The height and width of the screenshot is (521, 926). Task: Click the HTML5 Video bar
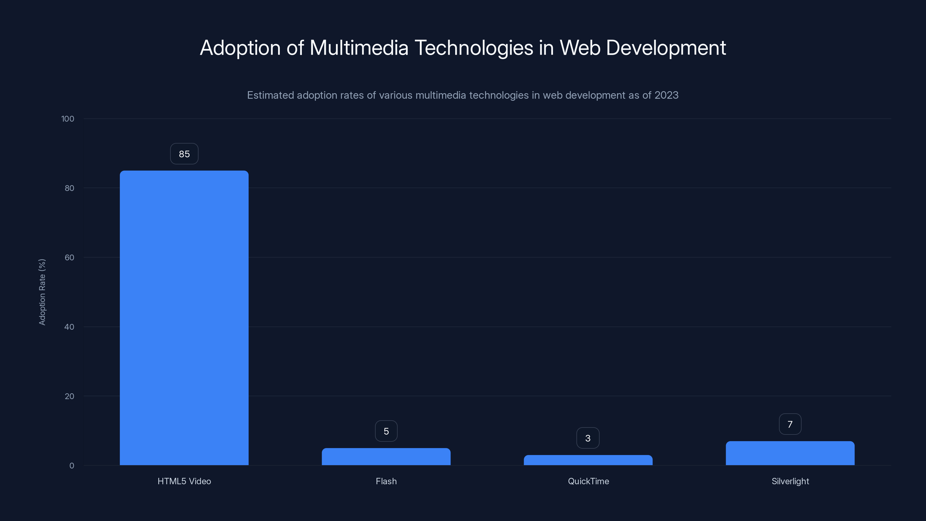tap(184, 318)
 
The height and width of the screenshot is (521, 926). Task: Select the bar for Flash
tap(386, 457)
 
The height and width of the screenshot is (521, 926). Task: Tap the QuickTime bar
tap(588, 460)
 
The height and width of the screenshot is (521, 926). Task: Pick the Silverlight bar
tap(790, 453)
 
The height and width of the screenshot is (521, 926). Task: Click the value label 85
tap(184, 154)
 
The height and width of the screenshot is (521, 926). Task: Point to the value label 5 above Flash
tap(386, 431)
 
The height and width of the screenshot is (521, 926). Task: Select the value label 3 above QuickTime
tap(588, 438)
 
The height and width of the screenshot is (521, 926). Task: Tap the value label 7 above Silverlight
tap(790, 424)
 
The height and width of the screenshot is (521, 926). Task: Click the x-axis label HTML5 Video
tap(184, 481)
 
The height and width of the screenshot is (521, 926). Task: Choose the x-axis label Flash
tap(386, 481)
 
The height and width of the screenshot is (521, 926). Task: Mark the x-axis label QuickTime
tap(588, 481)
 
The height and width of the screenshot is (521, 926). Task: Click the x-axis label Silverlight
tap(790, 481)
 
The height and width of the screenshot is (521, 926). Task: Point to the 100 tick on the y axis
tap(68, 119)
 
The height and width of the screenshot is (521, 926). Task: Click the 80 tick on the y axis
tap(69, 188)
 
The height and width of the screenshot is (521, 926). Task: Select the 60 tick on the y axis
tap(69, 257)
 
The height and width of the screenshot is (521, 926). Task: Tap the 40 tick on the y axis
tap(69, 327)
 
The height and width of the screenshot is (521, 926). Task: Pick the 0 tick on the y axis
tap(71, 466)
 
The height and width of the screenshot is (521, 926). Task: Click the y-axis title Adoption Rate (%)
tap(42, 292)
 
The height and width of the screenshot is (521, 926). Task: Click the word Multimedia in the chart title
tap(359, 48)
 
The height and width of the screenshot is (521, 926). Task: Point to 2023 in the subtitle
tap(666, 95)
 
